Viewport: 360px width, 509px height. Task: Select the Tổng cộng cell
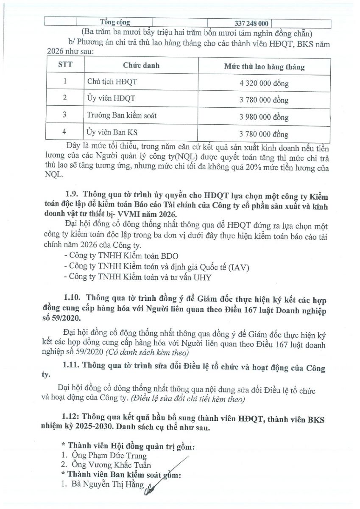click(114, 22)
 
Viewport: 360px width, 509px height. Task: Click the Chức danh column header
click(141, 66)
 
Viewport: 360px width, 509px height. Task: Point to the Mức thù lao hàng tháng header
click(264, 67)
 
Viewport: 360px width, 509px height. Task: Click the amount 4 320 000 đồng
click(264, 83)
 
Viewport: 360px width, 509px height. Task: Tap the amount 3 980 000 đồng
click(264, 117)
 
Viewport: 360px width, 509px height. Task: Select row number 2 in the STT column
click(65, 98)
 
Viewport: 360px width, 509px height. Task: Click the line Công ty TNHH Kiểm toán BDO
click(121, 256)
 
